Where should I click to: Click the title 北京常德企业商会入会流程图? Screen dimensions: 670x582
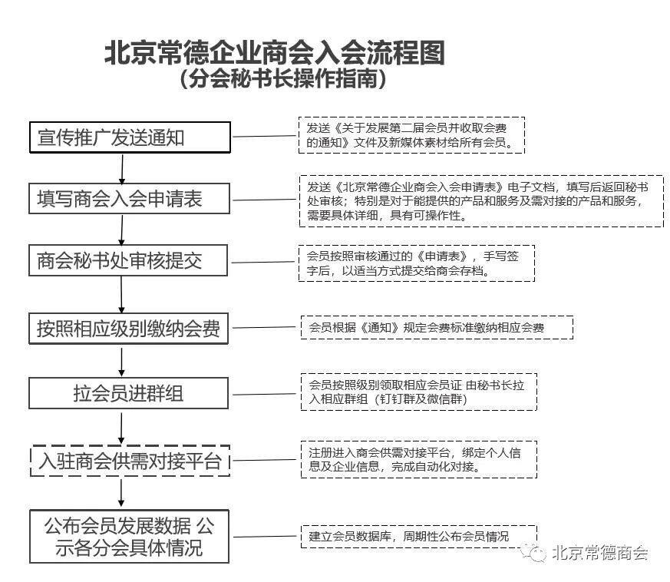275,53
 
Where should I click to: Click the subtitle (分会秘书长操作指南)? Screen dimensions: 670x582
283,78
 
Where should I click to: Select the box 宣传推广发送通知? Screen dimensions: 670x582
130,137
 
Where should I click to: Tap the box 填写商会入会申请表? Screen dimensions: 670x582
129,198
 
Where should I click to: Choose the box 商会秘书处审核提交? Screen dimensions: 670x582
127,260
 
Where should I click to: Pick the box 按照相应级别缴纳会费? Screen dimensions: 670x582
128,329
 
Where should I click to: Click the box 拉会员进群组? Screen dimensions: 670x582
128,393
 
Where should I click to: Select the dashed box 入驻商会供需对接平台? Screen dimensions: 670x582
130,461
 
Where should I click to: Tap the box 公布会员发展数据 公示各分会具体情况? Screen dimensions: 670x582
129,536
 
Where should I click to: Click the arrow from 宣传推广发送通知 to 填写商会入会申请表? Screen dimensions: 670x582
122,168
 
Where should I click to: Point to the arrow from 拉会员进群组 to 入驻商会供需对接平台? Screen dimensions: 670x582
121,427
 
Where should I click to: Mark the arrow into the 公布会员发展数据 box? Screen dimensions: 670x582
121,493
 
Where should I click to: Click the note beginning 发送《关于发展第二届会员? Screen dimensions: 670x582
411,135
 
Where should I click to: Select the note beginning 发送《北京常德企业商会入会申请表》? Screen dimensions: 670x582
481,201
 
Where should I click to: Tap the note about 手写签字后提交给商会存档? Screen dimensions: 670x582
417,263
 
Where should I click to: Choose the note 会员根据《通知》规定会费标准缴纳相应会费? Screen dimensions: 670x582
437,328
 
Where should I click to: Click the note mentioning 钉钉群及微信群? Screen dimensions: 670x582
419,392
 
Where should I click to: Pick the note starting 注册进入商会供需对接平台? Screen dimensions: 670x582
419,460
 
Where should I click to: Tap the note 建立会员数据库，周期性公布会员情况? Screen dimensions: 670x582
419,536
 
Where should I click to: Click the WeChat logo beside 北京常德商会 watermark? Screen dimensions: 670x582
533,553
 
